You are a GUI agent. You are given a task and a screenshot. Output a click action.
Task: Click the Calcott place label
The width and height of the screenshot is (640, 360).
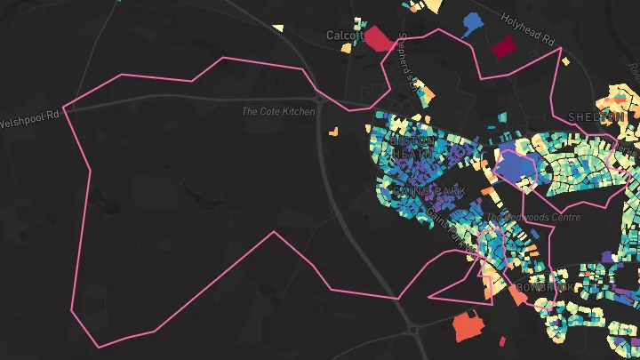[345, 36]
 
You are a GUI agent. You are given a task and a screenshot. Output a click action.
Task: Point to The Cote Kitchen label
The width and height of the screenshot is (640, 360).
[278, 112]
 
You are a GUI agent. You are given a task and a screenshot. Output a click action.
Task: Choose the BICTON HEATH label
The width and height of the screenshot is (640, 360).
[413, 148]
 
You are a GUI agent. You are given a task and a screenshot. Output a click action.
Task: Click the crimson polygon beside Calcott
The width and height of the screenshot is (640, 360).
[380, 39]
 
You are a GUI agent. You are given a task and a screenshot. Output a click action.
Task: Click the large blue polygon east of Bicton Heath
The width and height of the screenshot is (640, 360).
[513, 165]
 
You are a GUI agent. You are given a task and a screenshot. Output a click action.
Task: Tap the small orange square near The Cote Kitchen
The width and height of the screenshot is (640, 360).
[333, 132]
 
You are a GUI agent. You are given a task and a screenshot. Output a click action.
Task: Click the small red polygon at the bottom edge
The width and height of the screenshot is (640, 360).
[503, 341]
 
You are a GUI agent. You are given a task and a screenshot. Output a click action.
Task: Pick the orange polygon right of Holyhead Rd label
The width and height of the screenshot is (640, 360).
[564, 61]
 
